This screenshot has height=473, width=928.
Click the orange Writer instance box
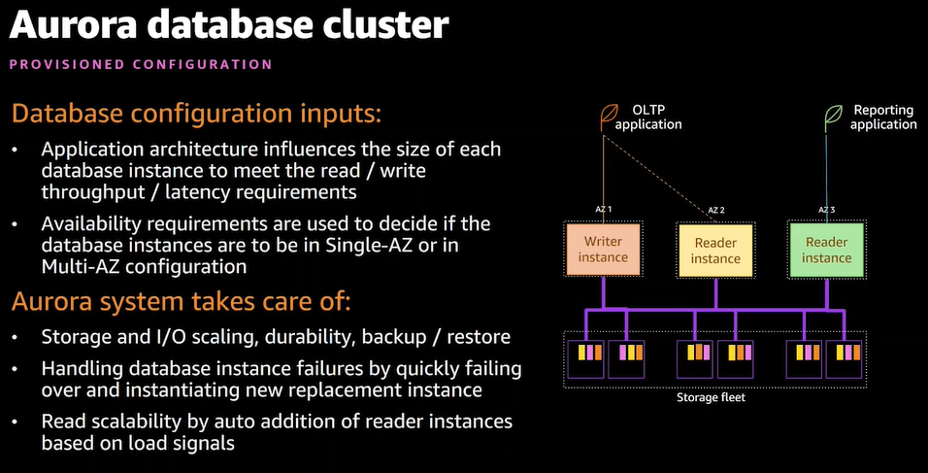603,250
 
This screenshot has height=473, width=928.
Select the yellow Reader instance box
715,251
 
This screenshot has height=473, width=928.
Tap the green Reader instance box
827,250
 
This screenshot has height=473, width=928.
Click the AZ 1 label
603,210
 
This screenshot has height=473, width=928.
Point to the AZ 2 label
716,210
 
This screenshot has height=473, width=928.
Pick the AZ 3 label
827,210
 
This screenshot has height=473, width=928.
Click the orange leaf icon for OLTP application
609,116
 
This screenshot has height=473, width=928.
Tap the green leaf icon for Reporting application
835,116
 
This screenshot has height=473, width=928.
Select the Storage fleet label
711,397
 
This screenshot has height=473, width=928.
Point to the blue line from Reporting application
827,168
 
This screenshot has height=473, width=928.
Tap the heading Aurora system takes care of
182,302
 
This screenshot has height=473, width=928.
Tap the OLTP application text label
648,118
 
